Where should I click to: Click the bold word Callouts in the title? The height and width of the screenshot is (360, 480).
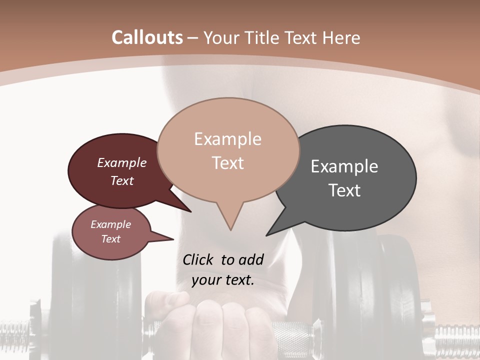point(147,37)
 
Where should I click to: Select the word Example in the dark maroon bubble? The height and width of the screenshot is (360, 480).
point(122,162)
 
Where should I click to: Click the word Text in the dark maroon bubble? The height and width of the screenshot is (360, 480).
point(122,180)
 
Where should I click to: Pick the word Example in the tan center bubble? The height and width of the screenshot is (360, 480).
point(227,139)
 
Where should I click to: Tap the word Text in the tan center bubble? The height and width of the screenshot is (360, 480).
point(227,163)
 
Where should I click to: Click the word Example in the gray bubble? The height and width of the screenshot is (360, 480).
point(344,166)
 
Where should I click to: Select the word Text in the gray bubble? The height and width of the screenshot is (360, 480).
point(344,190)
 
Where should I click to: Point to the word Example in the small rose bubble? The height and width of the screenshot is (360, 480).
point(110,224)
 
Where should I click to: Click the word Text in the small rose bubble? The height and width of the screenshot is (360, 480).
point(110,239)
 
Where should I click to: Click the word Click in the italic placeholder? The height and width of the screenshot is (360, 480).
point(199,259)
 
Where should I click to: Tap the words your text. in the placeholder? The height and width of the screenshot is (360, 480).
point(223,280)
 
